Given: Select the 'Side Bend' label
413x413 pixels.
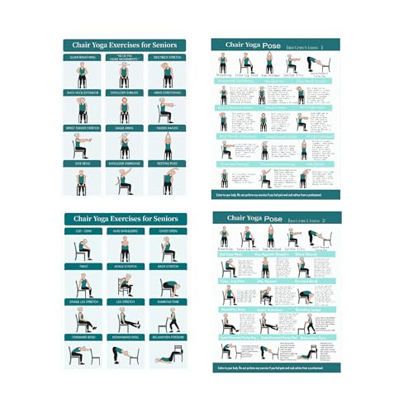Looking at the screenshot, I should (83, 164).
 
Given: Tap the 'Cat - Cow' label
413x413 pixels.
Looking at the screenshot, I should (83, 232).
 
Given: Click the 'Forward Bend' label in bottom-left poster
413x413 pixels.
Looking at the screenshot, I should (83, 338).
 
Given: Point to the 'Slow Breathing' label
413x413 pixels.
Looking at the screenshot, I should (83, 57).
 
